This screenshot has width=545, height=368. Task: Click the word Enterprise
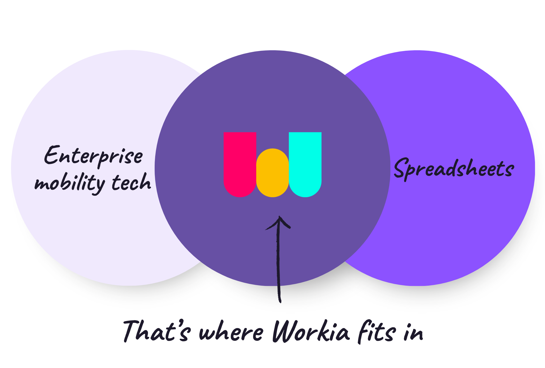coord(94,156)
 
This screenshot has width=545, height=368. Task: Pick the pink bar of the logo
coord(240,164)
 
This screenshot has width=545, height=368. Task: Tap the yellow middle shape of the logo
coord(272,173)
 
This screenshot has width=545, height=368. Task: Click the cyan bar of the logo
coord(305,164)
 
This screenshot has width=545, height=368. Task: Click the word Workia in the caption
coord(310,332)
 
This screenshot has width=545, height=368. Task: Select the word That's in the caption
coord(156,331)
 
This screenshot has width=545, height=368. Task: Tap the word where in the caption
coord(231,332)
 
